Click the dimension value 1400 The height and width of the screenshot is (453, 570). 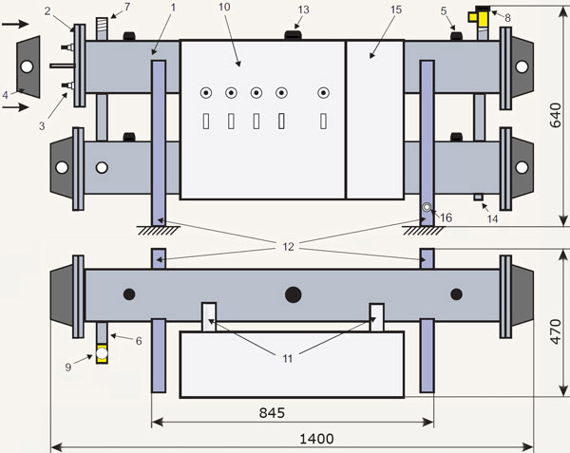(291, 439)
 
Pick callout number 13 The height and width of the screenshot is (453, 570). (303, 9)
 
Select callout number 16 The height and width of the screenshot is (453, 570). (446, 218)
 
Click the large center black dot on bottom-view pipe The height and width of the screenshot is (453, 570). (293, 293)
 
